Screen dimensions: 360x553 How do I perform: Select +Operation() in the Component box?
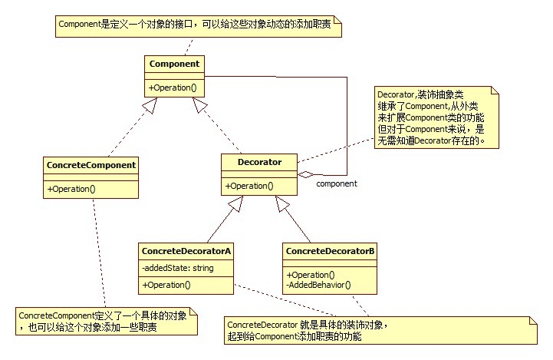tap(174, 88)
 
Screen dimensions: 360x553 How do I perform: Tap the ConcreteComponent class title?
tap(91, 164)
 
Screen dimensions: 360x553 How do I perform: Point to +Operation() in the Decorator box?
tap(249, 186)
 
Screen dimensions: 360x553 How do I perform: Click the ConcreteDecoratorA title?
tap(186, 251)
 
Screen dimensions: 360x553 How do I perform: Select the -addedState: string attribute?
tap(178, 268)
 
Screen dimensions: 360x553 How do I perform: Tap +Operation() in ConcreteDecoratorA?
tap(167, 285)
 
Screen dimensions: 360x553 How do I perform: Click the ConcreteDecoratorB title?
tap(330, 251)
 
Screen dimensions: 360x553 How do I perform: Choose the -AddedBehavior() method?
tap(318, 285)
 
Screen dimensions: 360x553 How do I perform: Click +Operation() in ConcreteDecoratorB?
tap(311, 275)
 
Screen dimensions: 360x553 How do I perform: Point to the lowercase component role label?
tap(337, 184)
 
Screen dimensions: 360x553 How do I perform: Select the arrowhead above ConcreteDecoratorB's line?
tap(282, 203)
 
